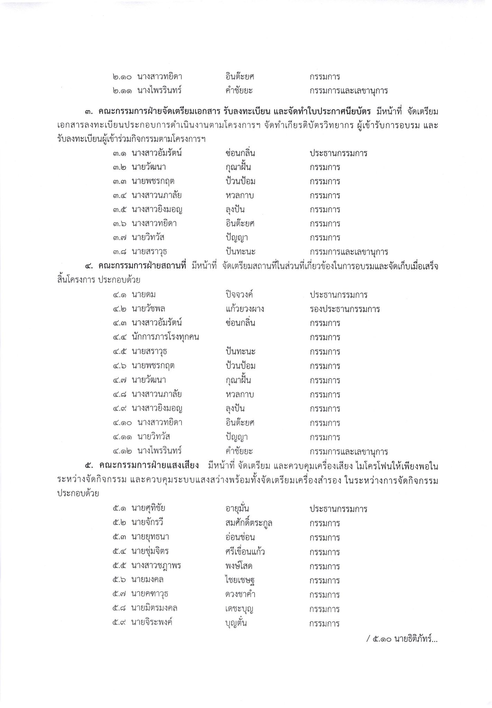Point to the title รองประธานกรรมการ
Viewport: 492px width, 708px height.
click(345, 309)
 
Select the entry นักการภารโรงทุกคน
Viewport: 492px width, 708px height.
click(165, 337)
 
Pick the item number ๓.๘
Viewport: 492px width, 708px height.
click(119, 251)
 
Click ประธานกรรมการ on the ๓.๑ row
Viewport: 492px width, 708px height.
click(338, 153)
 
